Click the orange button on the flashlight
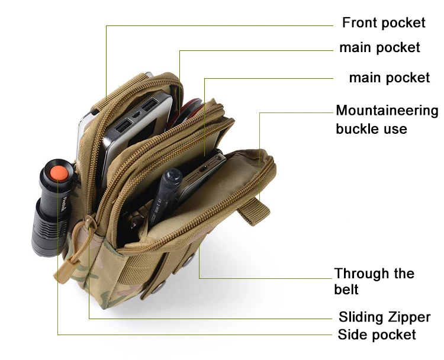[x=57, y=172]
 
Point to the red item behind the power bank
[x=188, y=107]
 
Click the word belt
[x=346, y=290]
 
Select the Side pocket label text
[x=377, y=335]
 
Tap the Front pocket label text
[x=384, y=22]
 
